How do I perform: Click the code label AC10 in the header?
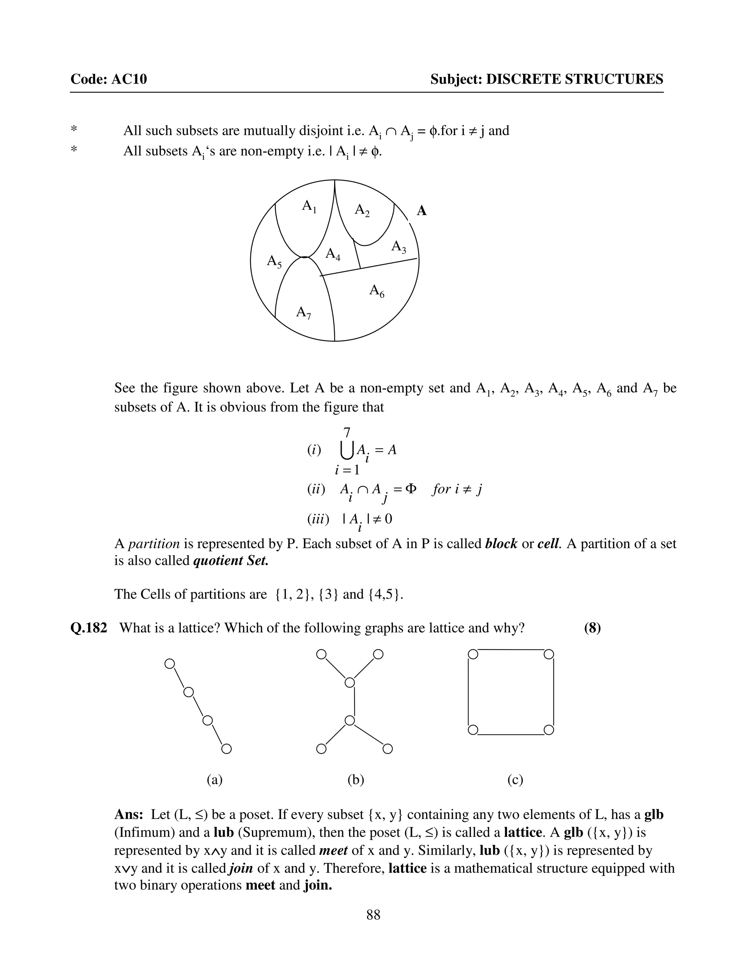click(x=129, y=79)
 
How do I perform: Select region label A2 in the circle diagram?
click(x=362, y=210)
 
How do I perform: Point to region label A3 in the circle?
click(x=398, y=247)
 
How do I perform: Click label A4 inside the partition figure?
click(x=333, y=255)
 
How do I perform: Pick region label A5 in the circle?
click(x=274, y=262)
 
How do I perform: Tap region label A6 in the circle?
click(x=376, y=291)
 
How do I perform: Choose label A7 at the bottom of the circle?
click(x=303, y=313)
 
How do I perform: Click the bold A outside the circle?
click(x=422, y=211)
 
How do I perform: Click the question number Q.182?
click(x=89, y=628)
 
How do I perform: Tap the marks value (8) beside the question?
click(x=592, y=628)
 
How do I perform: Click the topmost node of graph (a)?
click(x=169, y=664)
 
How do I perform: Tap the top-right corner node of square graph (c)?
click(x=549, y=654)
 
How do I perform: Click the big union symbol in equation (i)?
click(x=347, y=451)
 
